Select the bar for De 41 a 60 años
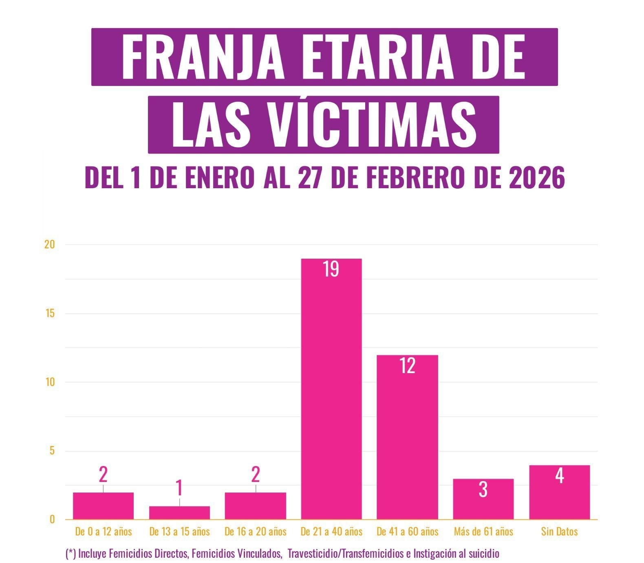407,440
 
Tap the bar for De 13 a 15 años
179,512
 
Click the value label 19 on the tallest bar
331,269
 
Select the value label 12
407,366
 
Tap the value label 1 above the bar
179,488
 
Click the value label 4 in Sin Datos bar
560,476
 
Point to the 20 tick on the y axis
49,244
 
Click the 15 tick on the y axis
50,313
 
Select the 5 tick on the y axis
52,451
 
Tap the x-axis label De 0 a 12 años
104,531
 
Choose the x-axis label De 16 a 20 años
256,531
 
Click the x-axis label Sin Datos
559,531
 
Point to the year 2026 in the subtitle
537,178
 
